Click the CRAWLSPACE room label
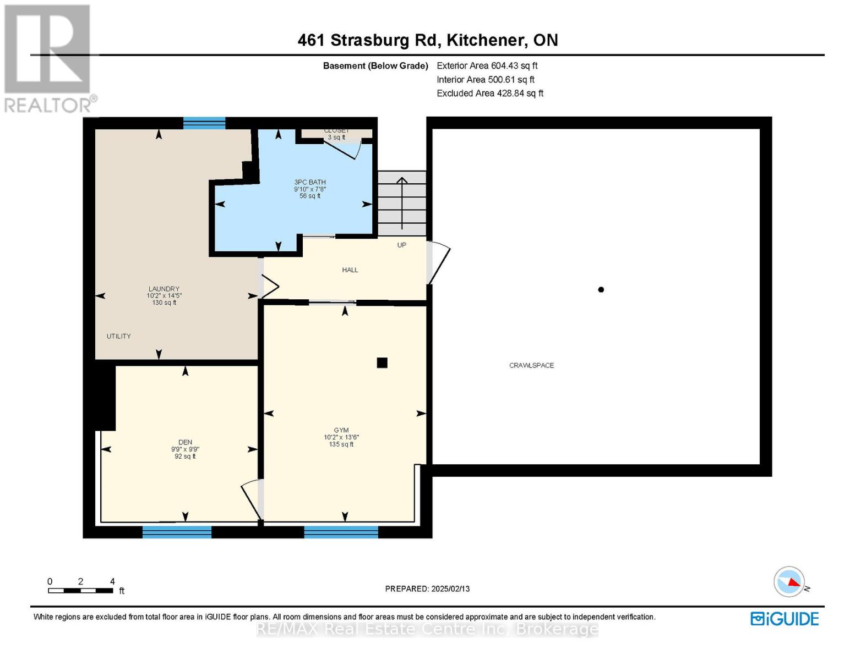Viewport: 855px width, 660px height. tap(531, 365)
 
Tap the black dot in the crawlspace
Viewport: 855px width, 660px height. tap(601, 290)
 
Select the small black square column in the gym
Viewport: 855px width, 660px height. tap(382, 362)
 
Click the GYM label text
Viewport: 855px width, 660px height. tap(341, 430)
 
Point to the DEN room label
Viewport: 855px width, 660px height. tap(185, 442)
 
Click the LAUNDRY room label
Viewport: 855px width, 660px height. tap(164, 289)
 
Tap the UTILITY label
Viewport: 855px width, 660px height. tap(119, 336)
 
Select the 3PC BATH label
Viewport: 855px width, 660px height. tap(310, 182)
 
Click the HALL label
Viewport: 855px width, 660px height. tap(350, 269)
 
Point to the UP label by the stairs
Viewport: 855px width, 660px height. tap(402, 245)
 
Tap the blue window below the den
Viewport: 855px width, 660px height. tap(177, 532)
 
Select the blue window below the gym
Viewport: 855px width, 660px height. tap(341, 532)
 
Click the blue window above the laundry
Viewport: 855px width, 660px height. tap(204, 123)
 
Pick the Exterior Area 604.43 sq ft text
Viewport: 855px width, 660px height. tap(487, 65)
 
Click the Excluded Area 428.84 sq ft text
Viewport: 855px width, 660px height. tap(490, 94)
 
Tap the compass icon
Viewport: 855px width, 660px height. tap(789, 582)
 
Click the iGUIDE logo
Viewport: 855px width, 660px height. tap(785, 619)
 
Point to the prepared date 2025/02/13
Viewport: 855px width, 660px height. tap(427, 588)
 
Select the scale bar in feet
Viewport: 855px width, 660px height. tap(80, 591)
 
